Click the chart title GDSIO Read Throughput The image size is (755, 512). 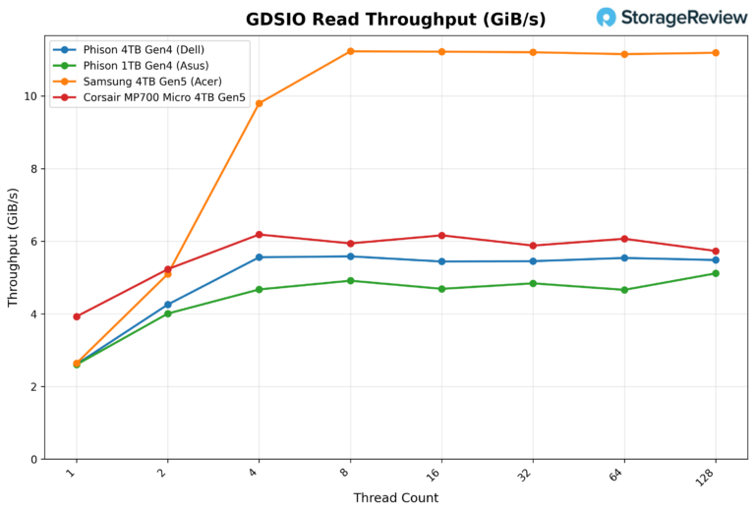tap(395, 20)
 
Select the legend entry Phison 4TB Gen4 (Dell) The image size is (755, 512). tap(148, 49)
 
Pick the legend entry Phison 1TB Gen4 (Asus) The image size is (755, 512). tap(148, 65)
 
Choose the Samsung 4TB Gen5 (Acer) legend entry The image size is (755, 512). tap(152, 82)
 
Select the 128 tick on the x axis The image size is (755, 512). tap(710, 476)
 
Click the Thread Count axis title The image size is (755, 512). tap(395, 498)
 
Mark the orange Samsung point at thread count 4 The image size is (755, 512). tap(260, 103)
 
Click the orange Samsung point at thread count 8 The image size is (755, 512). tap(350, 51)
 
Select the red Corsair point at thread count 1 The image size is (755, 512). tap(77, 316)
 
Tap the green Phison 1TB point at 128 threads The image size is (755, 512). tap(715, 273)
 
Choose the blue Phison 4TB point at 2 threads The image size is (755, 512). tap(168, 305)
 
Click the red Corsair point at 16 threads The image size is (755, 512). tap(441, 235)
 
